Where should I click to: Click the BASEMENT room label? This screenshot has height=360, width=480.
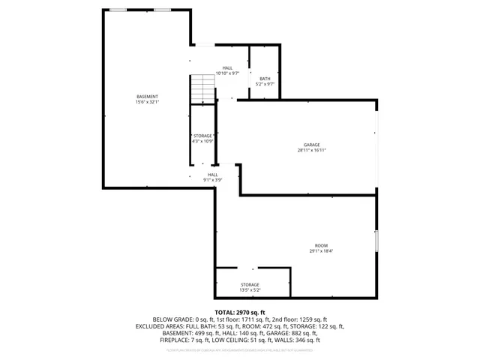(147, 97)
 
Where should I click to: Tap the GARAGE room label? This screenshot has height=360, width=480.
(312, 144)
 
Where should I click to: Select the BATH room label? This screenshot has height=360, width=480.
(265, 79)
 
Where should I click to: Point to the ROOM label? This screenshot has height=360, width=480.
(321, 245)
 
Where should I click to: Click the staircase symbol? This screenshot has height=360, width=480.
(202, 90)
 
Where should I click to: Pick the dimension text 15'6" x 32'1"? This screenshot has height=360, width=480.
(147, 102)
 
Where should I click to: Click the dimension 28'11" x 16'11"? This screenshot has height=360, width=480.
(312, 150)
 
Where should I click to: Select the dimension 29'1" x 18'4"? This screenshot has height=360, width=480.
(321, 251)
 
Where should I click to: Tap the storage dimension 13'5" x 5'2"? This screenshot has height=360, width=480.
(250, 289)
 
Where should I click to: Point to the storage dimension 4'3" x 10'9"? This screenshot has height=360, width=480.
(203, 141)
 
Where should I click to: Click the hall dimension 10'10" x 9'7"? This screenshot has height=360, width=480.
(227, 73)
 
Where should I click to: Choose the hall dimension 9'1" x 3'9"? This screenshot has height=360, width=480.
(213, 180)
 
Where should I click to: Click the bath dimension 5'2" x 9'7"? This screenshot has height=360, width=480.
(265, 84)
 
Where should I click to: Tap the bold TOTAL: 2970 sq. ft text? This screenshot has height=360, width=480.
(240, 312)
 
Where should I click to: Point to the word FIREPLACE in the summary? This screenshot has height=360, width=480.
(175, 340)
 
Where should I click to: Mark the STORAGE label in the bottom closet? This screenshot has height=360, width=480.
(250, 284)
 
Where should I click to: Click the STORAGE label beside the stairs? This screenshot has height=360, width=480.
(203, 136)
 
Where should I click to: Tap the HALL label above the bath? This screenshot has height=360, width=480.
(227, 67)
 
